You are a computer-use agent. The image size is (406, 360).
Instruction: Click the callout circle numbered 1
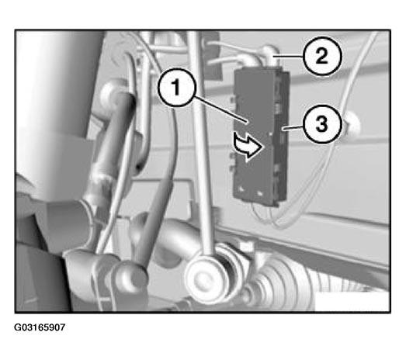tap(176, 87)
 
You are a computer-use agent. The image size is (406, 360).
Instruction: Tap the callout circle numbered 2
tap(322, 56)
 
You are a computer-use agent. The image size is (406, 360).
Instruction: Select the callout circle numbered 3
tap(322, 124)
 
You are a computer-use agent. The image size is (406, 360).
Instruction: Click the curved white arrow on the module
tap(248, 146)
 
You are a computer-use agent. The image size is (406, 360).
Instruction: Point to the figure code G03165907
tap(40, 327)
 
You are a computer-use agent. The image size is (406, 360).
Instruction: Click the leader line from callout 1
tap(220, 109)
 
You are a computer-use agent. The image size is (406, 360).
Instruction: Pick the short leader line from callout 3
tap(293, 127)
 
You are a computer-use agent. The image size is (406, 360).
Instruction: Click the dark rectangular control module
tap(261, 136)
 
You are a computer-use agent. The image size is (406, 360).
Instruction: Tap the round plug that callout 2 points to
tap(269, 54)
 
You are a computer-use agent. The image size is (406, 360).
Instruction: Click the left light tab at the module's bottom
tap(241, 189)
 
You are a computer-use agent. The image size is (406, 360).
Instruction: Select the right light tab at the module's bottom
tap(260, 193)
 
